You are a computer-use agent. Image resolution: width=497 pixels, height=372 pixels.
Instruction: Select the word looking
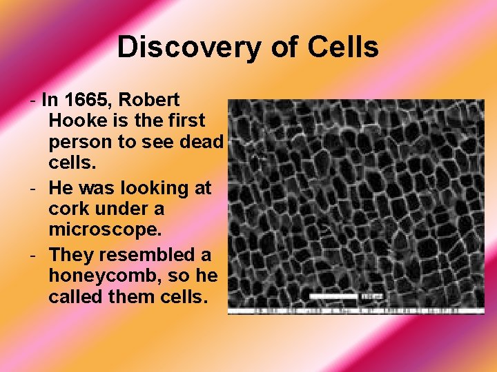[144, 187]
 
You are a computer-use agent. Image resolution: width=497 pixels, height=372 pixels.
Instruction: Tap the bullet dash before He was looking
[35, 187]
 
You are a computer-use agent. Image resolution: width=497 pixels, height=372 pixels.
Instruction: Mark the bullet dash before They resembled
[35, 254]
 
